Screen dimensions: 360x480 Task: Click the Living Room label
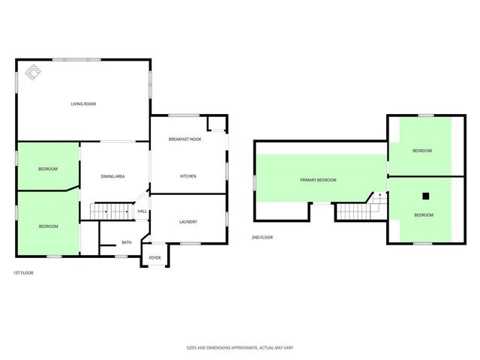tap(82, 104)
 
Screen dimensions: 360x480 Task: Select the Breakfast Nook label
tap(184, 139)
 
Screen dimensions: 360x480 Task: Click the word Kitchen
tap(187, 176)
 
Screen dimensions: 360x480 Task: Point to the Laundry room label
tap(187, 222)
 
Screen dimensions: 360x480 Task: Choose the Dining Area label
tap(112, 176)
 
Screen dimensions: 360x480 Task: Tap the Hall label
tap(142, 211)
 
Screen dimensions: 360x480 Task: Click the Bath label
tap(127, 242)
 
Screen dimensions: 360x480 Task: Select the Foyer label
tap(154, 258)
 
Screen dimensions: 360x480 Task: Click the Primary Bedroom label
tap(318, 180)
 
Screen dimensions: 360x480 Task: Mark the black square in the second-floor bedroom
tap(425, 196)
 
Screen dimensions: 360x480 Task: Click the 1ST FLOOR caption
tap(23, 273)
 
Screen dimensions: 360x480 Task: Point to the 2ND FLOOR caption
tap(262, 238)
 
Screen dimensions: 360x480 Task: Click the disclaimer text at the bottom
tap(239, 348)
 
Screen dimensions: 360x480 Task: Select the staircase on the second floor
tap(355, 211)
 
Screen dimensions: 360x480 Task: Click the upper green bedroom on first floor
tap(48, 169)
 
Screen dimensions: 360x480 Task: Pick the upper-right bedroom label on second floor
tap(422, 151)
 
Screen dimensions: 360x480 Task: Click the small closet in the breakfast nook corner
tap(217, 124)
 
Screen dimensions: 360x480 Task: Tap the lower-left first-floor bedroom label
tap(48, 226)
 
